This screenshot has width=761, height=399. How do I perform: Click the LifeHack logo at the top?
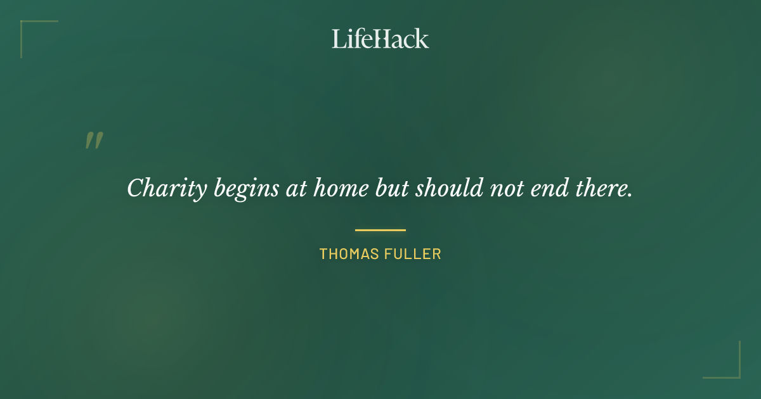coord(380,39)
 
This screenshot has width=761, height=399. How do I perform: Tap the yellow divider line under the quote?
coord(380,230)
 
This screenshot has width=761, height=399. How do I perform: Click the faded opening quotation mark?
coord(94,141)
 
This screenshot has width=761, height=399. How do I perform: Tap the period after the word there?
coord(630,194)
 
